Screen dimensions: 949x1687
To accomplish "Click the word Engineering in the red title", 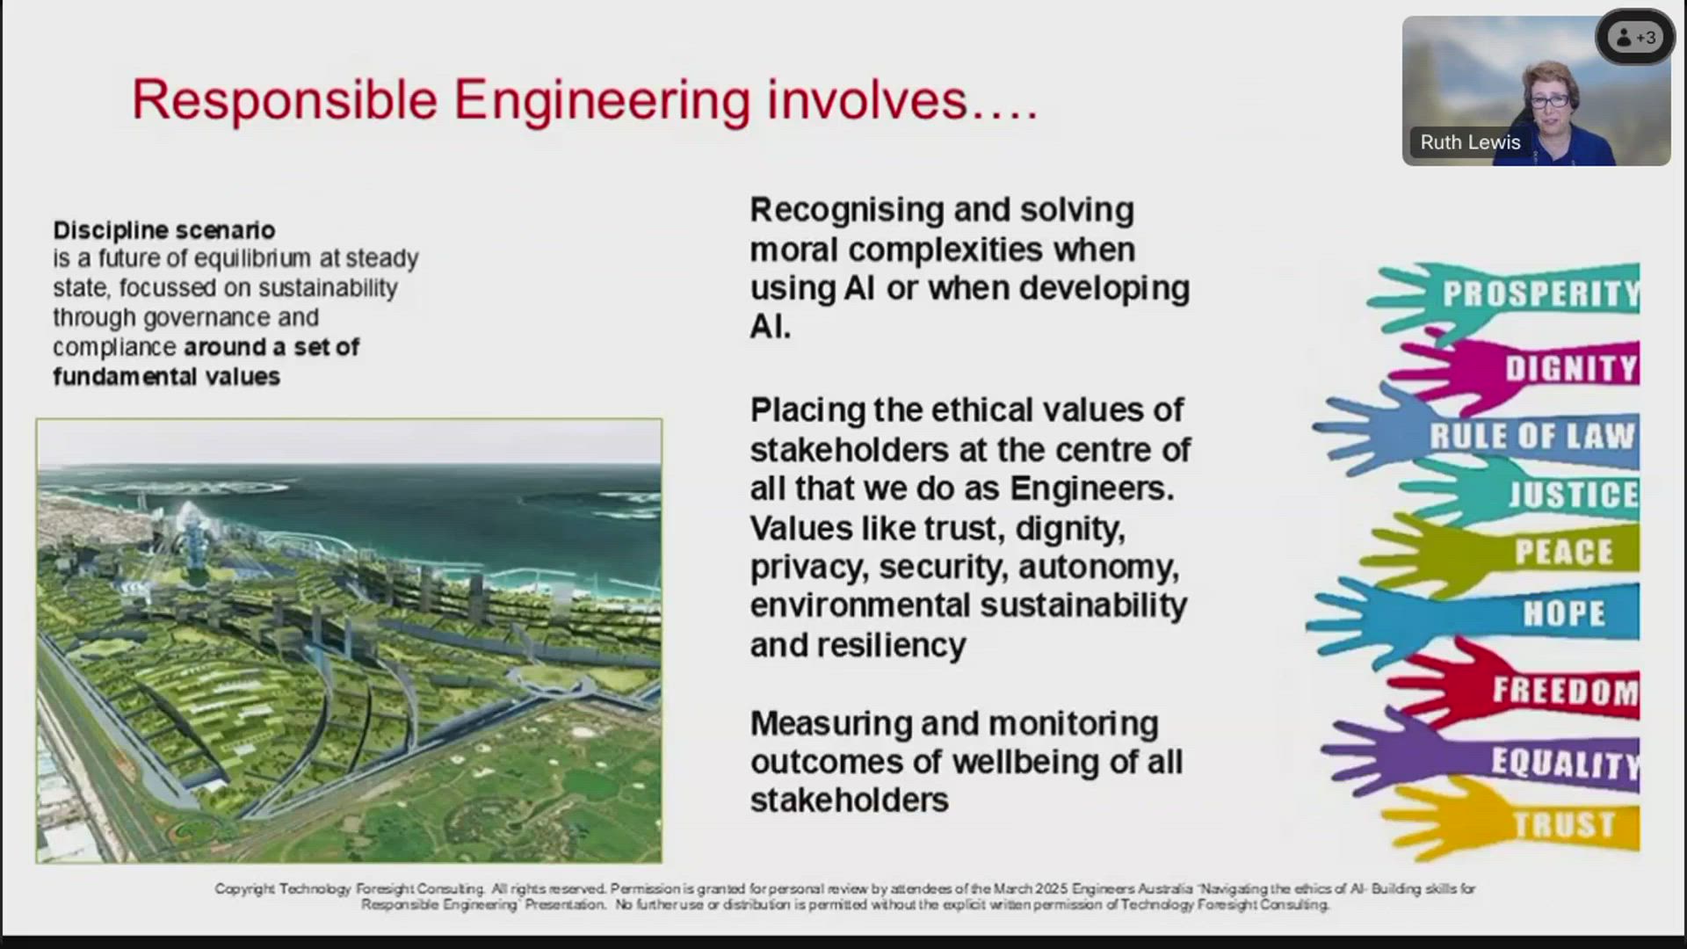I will (602, 100).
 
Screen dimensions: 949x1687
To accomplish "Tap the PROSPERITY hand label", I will (1541, 293).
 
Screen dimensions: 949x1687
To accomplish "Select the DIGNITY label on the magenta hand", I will (1571, 368).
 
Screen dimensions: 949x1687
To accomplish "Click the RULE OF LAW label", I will (1532, 436).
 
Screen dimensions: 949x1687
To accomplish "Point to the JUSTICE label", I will (1573, 495).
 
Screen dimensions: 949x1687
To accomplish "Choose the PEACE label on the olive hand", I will (1564, 552).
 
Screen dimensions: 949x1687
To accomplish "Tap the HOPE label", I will (1564, 613).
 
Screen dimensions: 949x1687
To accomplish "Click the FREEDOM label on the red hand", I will (1566, 691).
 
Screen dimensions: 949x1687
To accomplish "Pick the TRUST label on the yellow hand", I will (1564, 824).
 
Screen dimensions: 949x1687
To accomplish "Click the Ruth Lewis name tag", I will (1470, 142).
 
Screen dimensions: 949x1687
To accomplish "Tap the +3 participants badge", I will (1635, 38).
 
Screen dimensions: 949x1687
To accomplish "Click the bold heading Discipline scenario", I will (164, 230).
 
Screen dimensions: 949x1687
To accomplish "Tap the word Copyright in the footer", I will (245, 889).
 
